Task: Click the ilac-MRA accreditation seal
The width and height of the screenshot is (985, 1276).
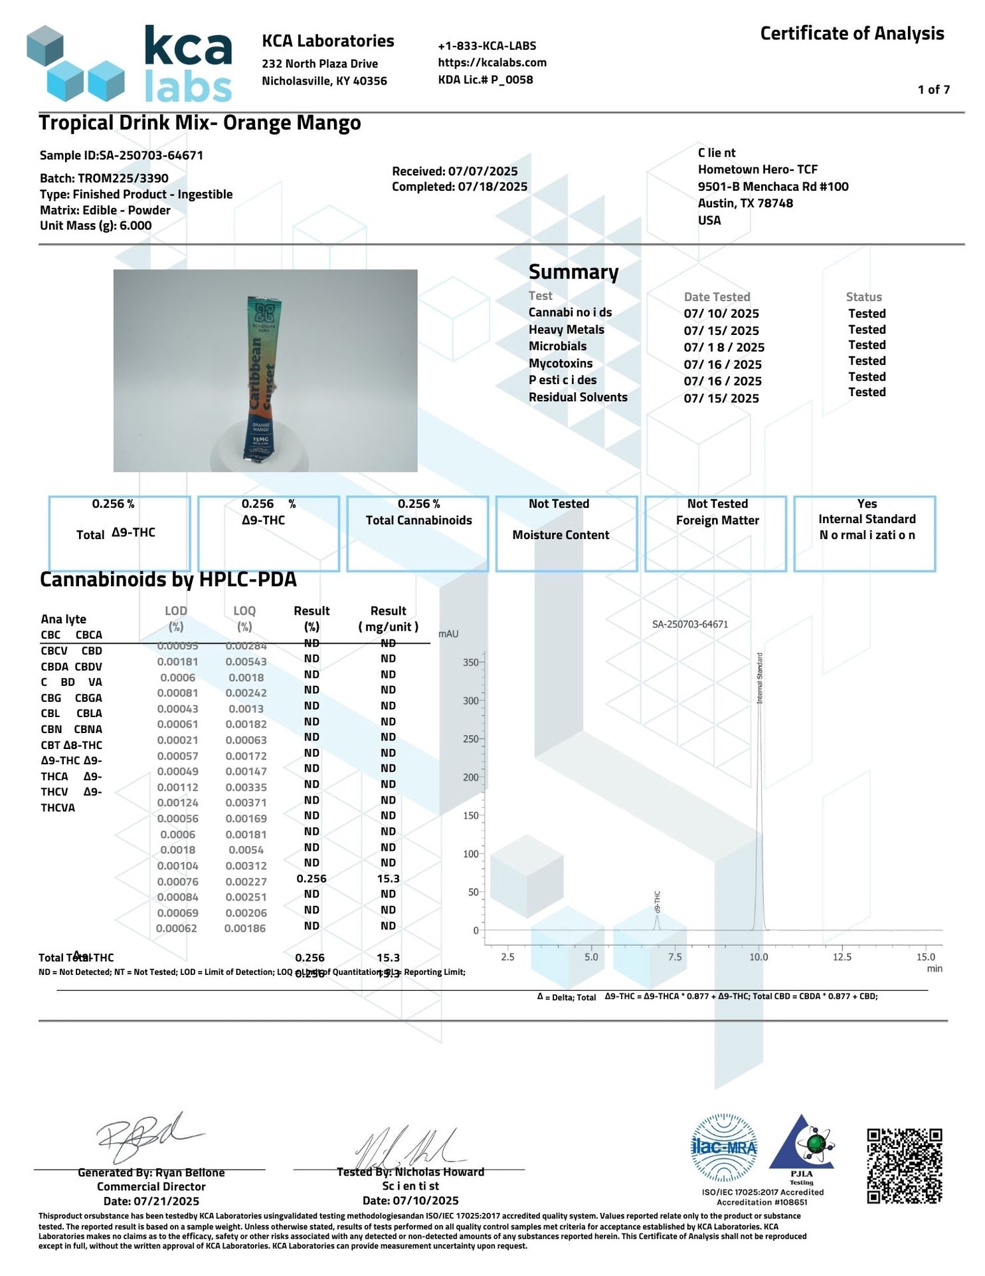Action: click(724, 1147)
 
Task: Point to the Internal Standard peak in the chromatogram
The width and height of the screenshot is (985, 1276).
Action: click(760, 797)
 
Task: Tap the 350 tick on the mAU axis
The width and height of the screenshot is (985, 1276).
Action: click(471, 663)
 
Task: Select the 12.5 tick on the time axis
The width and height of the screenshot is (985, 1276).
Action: click(842, 957)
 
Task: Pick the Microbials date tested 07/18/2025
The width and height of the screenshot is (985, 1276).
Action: click(724, 348)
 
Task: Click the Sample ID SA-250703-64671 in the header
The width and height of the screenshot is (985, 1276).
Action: click(122, 156)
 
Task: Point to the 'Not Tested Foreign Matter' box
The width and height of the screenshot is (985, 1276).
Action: click(716, 532)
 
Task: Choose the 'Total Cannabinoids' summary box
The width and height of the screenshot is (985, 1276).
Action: click(418, 532)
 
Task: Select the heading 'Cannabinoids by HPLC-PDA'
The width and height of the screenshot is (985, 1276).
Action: click(168, 580)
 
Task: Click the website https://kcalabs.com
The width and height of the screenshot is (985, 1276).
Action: click(492, 62)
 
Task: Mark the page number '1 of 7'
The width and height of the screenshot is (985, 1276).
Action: click(933, 90)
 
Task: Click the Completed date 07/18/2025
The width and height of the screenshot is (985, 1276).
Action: click(460, 187)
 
